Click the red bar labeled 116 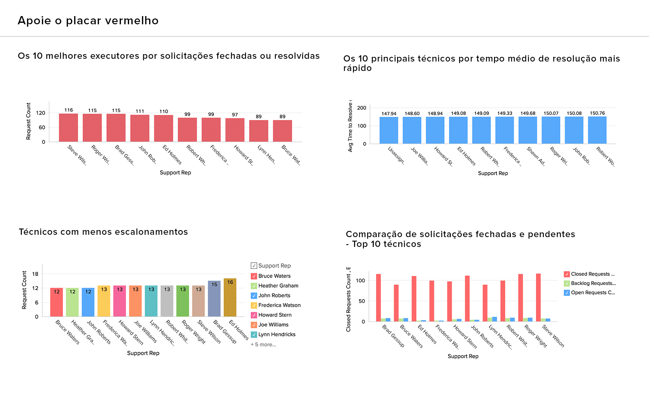point(68,127)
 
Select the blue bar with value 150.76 point(597,130)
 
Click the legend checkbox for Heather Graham point(254,286)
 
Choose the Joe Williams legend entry point(273,325)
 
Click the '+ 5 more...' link point(263,345)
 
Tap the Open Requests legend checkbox point(567,292)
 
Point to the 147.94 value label point(389,114)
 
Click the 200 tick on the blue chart point(362,108)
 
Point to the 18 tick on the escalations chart point(35,274)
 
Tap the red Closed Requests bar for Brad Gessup point(378,298)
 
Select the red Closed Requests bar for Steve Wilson point(538,297)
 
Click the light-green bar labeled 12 point(72,302)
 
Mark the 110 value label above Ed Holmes point(164,111)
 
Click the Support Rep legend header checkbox point(254,266)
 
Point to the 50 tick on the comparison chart point(361,301)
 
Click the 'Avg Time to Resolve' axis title point(350,126)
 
